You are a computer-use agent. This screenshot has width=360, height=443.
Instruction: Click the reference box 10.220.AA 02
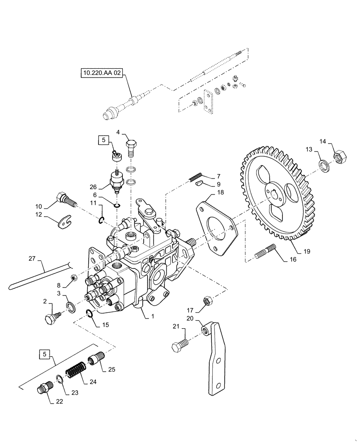point(101,72)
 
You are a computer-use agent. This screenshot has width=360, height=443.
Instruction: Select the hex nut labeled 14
point(339,158)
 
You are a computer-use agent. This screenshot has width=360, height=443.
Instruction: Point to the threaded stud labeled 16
point(266,253)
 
